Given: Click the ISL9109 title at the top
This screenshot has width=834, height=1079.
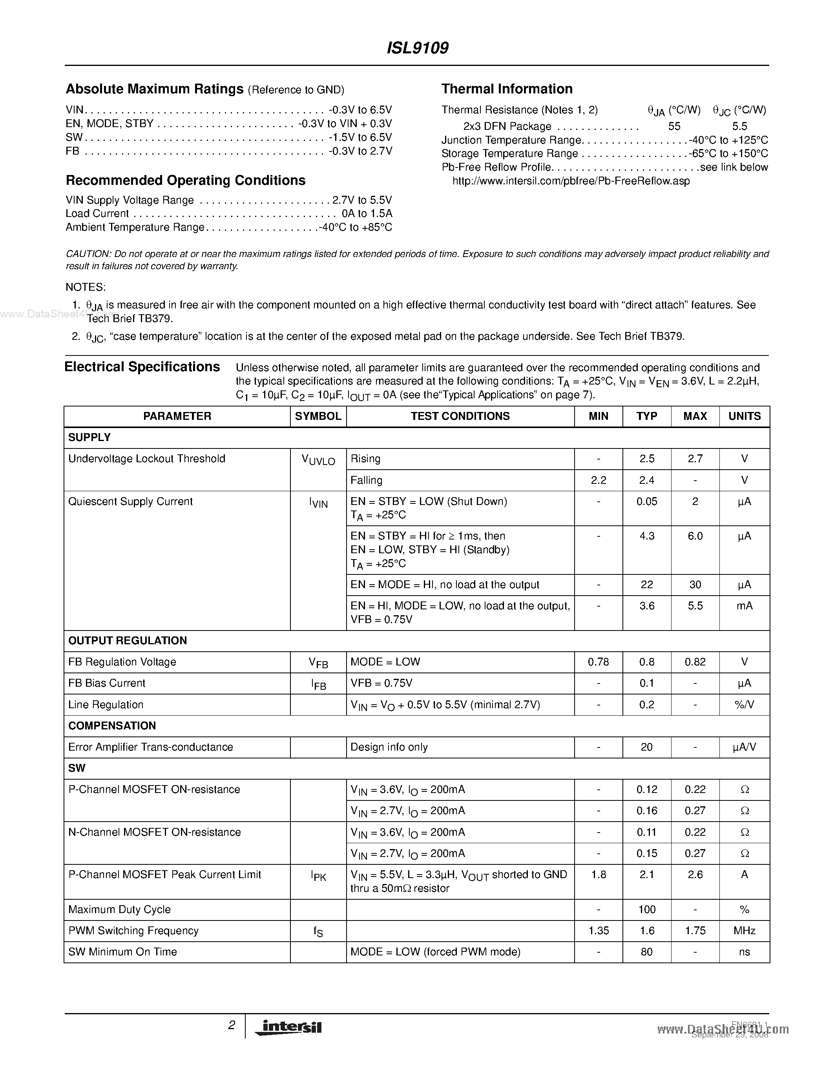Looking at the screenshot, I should click(x=417, y=48).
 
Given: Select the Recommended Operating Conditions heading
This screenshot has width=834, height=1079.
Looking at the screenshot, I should click(x=185, y=180).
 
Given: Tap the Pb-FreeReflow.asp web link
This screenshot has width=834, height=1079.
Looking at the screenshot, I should click(x=571, y=181).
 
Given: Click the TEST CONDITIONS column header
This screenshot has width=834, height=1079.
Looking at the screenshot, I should click(x=460, y=416).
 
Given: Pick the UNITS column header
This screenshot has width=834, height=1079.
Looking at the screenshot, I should click(x=744, y=416).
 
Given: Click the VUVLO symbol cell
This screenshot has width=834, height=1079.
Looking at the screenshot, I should click(x=318, y=460).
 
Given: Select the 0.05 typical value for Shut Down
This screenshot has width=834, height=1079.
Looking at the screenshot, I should click(x=646, y=501).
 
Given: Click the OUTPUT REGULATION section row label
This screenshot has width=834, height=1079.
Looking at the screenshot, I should click(x=128, y=640).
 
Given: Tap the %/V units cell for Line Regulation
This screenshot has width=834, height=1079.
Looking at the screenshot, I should click(x=744, y=705).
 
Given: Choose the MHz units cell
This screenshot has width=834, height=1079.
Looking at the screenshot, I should click(x=744, y=930).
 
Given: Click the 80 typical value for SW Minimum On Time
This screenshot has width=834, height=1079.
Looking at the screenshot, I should click(x=646, y=951).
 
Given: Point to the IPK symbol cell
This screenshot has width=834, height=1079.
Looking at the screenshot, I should click(x=318, y=876).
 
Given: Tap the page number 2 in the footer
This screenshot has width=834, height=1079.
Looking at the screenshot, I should click(x=231, y=1025).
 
